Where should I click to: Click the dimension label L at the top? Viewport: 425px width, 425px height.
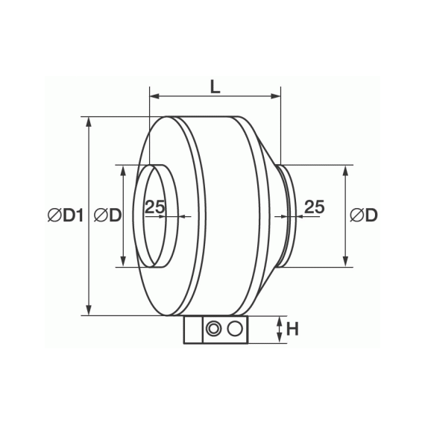pos(215,87)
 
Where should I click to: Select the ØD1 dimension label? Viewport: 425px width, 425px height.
pos(66,215)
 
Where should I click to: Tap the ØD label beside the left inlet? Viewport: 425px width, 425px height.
pos(107,215)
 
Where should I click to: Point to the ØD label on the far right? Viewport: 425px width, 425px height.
pos(363,215)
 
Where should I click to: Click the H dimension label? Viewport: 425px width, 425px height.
pos(292,329)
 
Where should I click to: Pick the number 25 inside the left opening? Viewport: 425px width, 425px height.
pos(155,207)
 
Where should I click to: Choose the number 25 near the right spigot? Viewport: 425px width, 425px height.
pos(315,207)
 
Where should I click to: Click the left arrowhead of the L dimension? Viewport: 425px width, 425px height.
pos(154,95)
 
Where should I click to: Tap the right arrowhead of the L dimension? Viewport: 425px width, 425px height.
pos(276,95)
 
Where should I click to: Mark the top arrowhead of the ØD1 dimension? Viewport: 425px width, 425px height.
pos(89,122)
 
